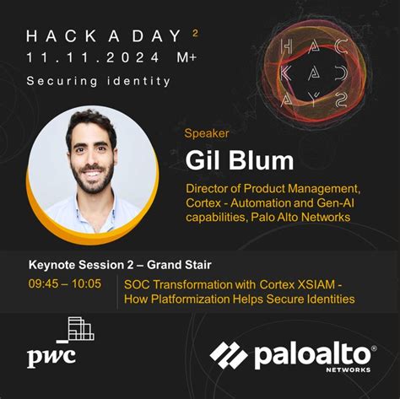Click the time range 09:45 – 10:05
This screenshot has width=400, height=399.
click(64, 283)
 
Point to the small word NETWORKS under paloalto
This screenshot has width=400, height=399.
click(350, 369)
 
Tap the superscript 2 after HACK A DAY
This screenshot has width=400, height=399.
click(195, 32)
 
